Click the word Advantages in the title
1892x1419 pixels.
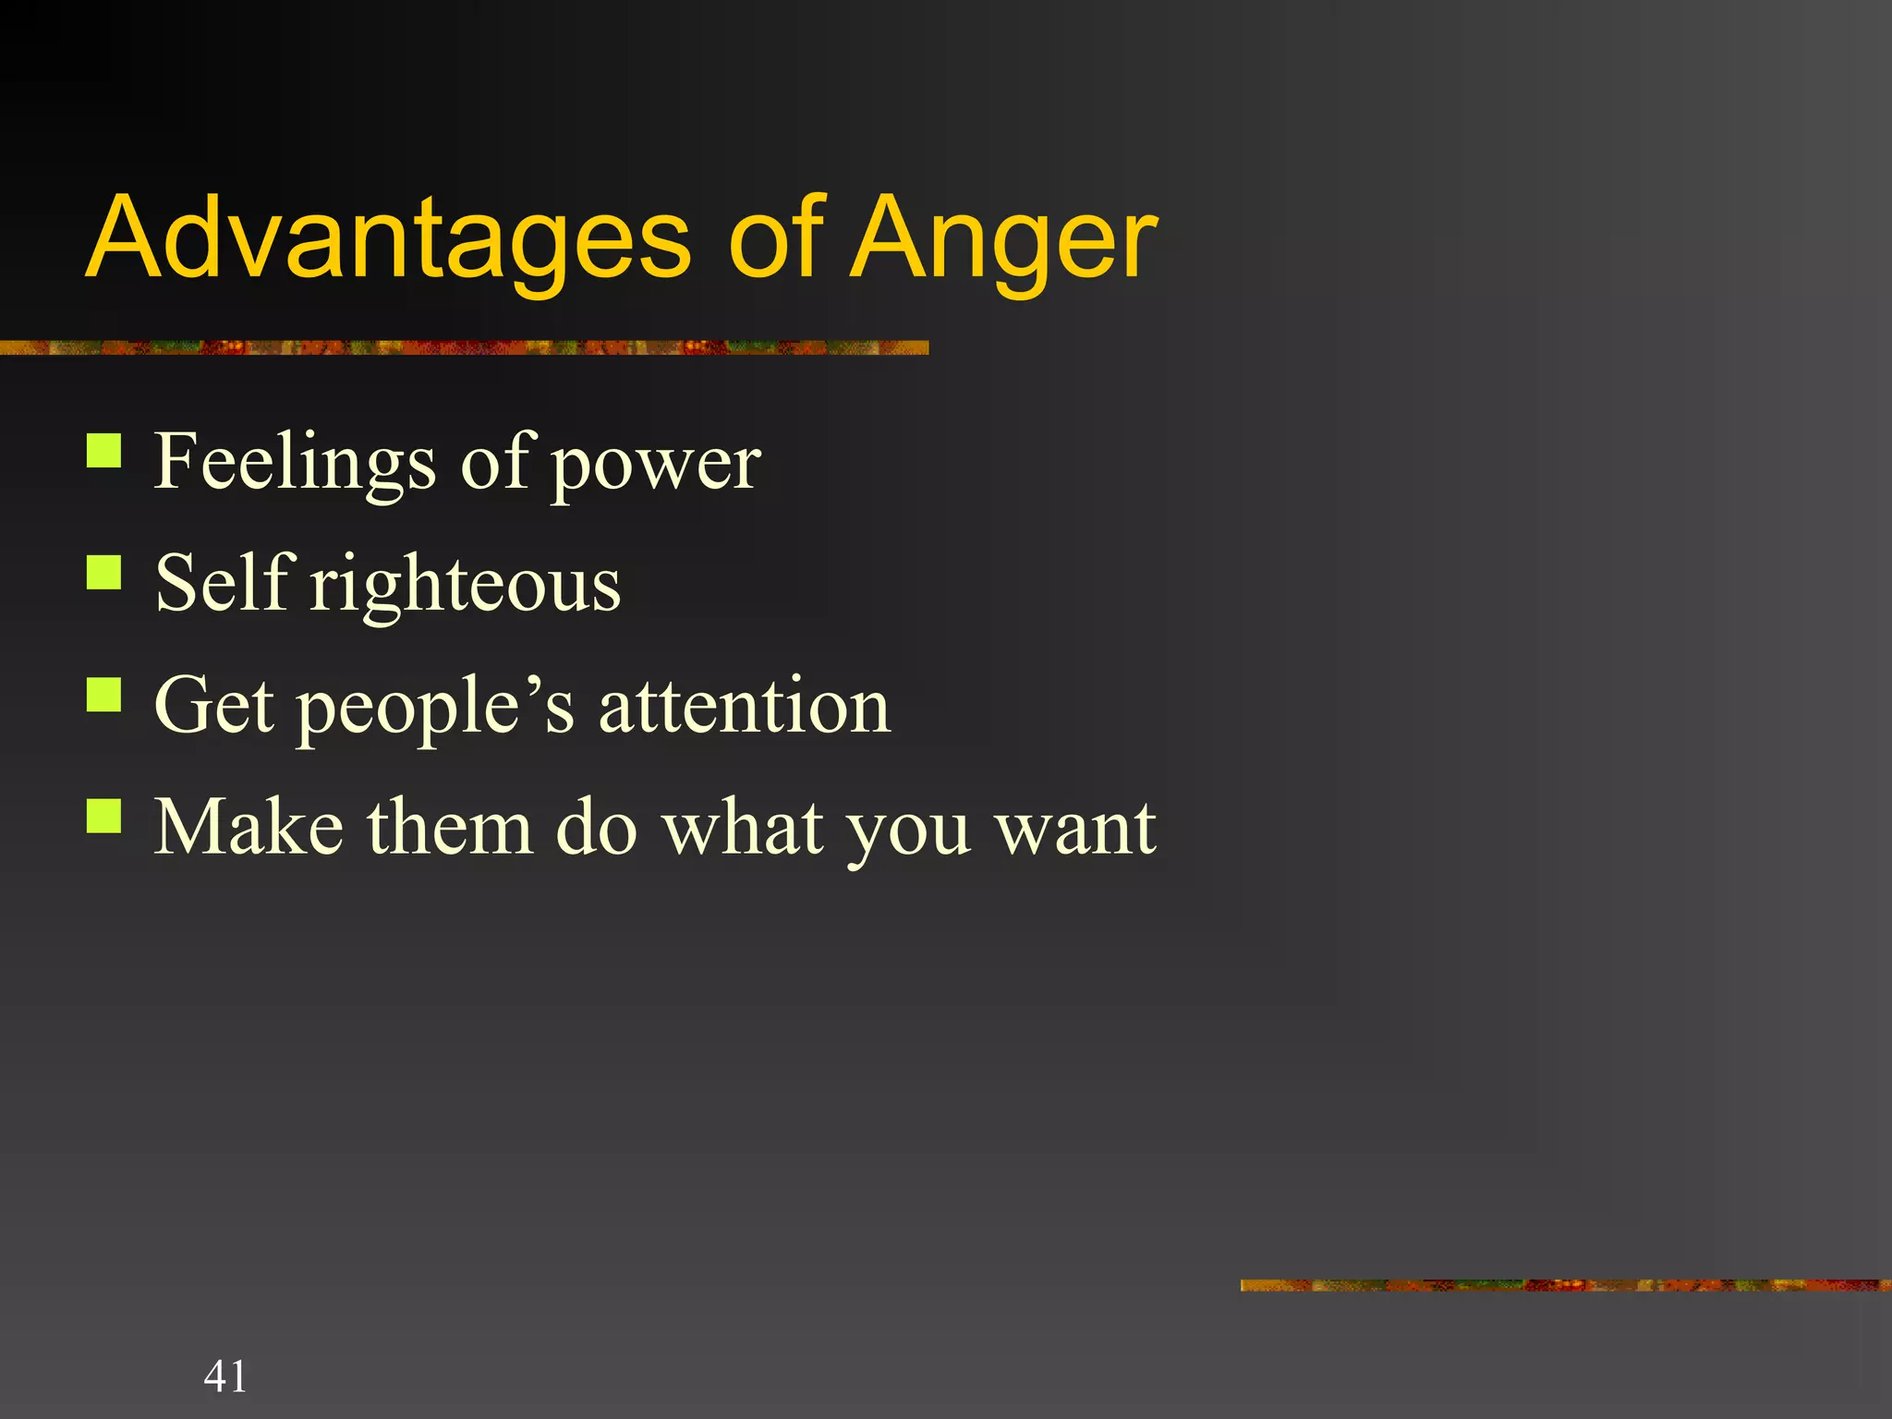tap(388, 237)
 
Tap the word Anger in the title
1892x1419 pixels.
tap(1002, 237)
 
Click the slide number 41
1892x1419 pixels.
tap(225, 1377)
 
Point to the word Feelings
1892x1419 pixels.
tap(294, 462)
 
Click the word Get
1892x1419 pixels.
tap(214, 704)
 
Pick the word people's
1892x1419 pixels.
tap(434, 706)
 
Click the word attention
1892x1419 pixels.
tap(745, 704)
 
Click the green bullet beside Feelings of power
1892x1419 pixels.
tap(104, 451)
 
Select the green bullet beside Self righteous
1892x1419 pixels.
tap(104, 572)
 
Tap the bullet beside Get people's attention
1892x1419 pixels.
tap(104, 694)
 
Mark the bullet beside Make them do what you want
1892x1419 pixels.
tap(104, 816)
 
